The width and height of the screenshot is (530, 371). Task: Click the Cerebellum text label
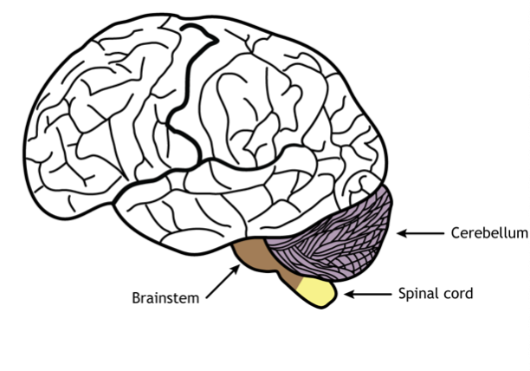488,233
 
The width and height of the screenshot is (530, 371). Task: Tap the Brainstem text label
165,297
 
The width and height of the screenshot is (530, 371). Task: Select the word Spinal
417,294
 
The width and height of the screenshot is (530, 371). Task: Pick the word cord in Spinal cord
458,294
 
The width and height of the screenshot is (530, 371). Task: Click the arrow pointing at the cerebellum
420,233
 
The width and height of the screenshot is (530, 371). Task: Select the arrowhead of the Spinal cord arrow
346,295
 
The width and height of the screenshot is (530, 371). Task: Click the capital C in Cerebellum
455,233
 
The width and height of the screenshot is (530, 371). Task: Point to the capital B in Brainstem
136,297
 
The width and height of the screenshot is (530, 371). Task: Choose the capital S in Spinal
402,294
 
